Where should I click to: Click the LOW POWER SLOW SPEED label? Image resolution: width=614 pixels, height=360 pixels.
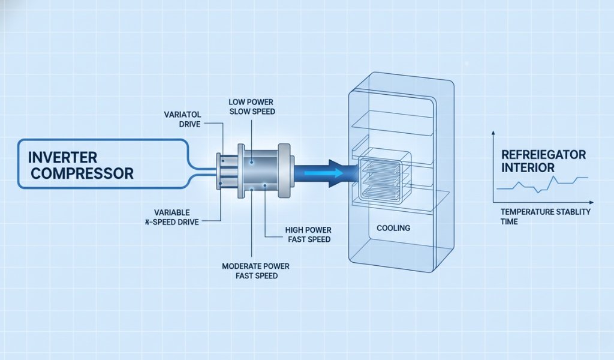tap(252, 107)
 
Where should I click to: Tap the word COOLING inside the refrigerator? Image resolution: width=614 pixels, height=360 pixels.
tap(393, 228)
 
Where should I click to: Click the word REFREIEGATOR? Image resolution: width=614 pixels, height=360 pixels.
tap(544, 155)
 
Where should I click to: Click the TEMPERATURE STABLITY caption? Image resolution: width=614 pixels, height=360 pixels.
tap(545, 212)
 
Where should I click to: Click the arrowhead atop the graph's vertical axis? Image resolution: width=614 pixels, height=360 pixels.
tap(492, 132)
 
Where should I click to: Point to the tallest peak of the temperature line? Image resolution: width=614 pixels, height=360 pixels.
tap(554, 177)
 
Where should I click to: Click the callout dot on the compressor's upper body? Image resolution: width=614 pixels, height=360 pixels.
tap(252, 162)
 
